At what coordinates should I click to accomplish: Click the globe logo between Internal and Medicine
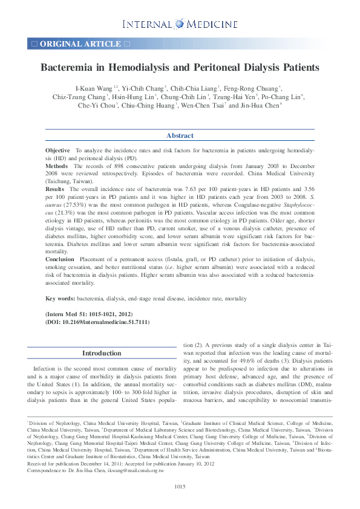pos(179,24)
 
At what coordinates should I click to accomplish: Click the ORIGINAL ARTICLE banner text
pos(80,44)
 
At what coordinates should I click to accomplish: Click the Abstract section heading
pos(180,135)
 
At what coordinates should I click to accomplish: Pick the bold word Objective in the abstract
pos(57,149)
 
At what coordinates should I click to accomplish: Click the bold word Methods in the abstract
pos(56,165)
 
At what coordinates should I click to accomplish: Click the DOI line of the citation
pos(97,323)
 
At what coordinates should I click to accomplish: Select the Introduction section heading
pos(102,353)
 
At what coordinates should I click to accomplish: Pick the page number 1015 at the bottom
pos(180,487)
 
